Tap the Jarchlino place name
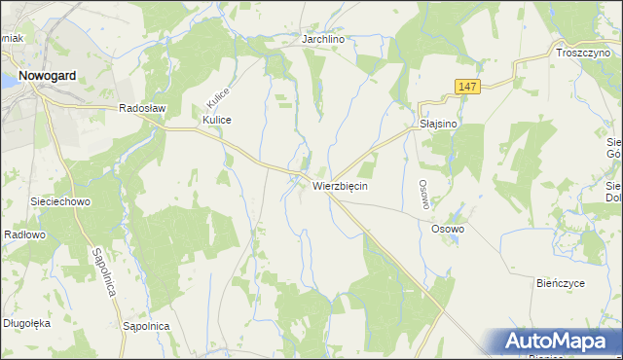pos(324,40)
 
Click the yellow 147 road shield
pos(468,88)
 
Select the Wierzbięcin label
pos(340,185)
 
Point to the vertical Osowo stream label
pos(423,192)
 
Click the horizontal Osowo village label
pos(448,229)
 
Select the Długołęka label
pos(26,323)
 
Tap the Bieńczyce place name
pos(560,283)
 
